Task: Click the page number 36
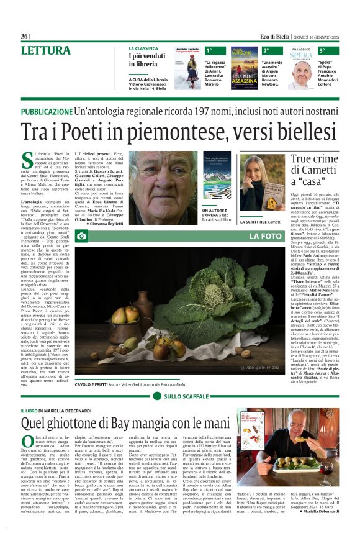pyautogui.click(x=24, y=36)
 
